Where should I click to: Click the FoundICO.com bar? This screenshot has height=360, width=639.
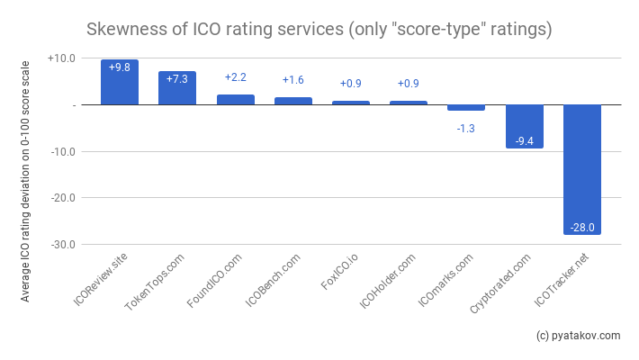pos(235,100)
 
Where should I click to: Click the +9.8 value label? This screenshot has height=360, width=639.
pos(120,67)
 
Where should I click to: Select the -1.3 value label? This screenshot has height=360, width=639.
pos(466,129)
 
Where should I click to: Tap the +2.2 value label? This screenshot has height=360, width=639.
pos(235,77)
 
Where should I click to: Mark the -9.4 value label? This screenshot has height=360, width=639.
pos(524,141)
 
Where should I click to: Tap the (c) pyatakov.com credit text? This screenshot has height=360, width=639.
pos(578,336)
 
